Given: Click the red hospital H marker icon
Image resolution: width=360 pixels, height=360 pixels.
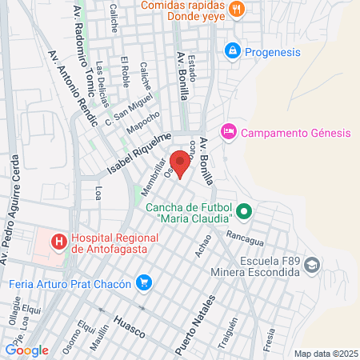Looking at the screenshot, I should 58,241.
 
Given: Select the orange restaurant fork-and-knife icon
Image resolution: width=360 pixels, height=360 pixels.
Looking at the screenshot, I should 236,10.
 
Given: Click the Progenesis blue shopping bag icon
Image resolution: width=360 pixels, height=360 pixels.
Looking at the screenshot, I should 232,50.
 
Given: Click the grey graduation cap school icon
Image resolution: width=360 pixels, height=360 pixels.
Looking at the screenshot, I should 312,266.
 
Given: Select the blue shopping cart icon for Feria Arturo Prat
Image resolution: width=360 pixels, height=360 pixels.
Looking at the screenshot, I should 144,282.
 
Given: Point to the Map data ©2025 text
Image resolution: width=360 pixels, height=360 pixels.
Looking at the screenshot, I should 323,354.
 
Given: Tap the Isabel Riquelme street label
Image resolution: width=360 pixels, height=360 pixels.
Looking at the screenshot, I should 140,156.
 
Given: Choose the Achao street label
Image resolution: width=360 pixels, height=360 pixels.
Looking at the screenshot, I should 203,246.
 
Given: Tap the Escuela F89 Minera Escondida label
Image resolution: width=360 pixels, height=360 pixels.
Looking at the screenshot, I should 263,266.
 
